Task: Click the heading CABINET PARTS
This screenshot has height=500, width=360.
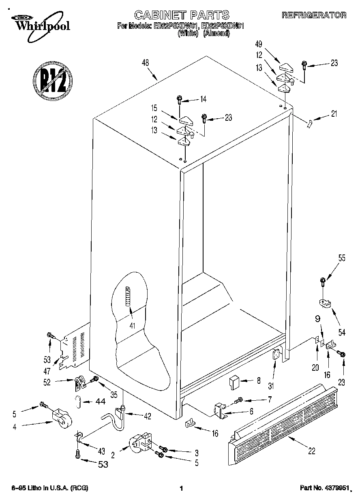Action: tap(181, 15)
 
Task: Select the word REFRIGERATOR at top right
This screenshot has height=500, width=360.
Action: tap(314, 16)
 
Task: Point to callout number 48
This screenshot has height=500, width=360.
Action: tap(145, 63)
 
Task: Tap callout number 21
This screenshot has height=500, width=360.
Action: tap(334, 114)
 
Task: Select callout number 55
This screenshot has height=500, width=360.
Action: tap(342, 257)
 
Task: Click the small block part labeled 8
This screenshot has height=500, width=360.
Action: tap(234, 381)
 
